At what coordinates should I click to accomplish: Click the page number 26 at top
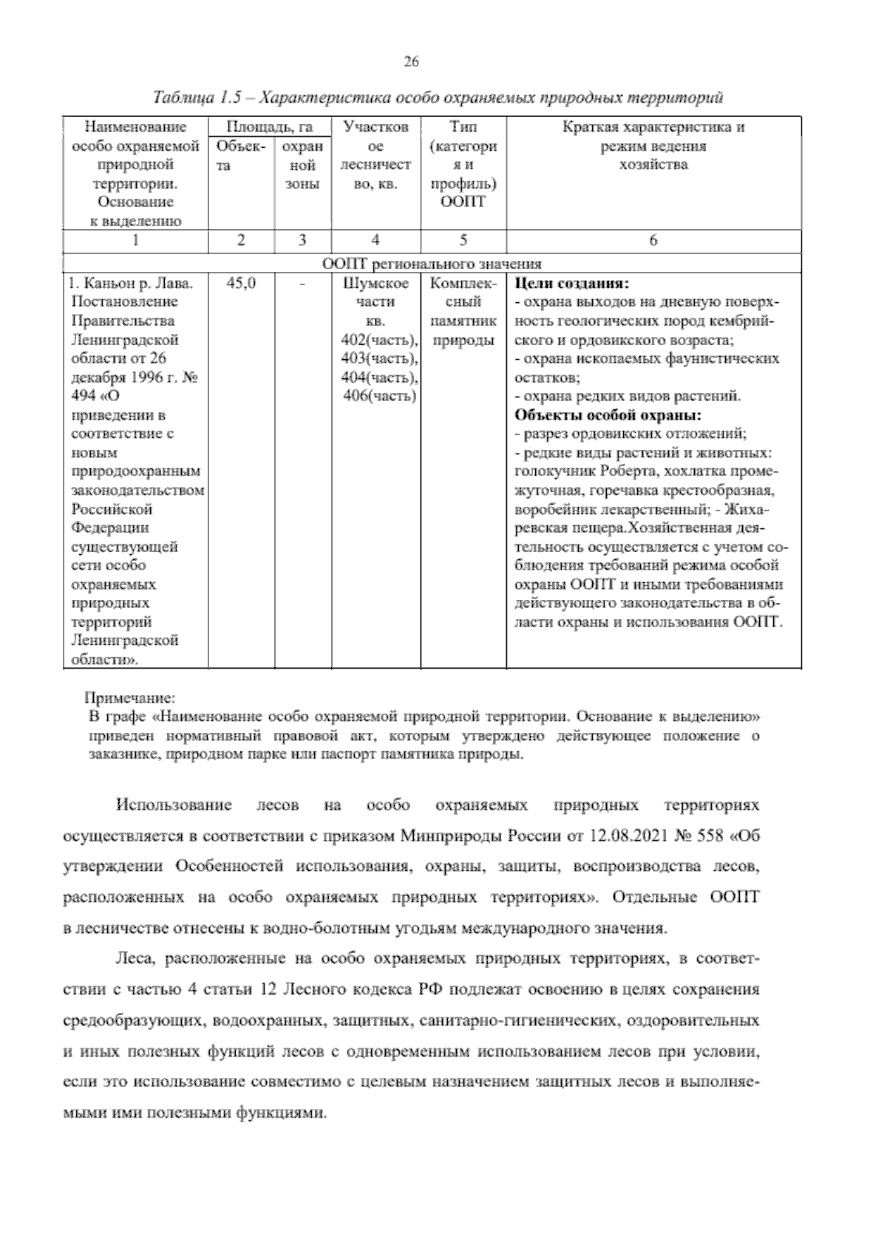(412, 62)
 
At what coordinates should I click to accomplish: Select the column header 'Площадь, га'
(269, 127)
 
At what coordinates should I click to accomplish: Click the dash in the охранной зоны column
(302, 284)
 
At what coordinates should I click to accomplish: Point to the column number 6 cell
(653, 240)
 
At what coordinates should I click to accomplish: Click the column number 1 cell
(135, 240)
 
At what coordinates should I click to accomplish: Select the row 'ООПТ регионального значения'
(432, 264)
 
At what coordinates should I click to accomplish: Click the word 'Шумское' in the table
(376, 284)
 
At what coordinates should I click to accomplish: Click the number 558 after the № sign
(707, 836)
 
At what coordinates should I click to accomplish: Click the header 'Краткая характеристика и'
(653, 127)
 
